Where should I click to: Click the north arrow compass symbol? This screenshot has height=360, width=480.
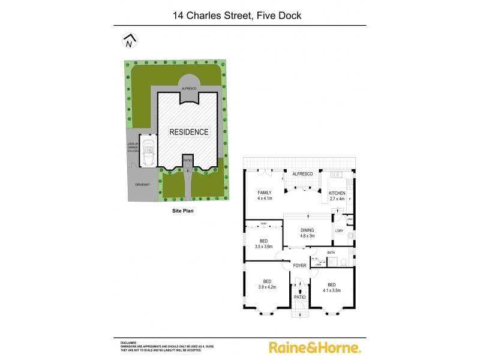tap(130, 41)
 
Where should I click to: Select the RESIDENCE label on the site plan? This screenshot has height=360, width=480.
tap(188, 132)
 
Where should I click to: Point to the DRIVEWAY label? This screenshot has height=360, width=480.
tap(142, 185)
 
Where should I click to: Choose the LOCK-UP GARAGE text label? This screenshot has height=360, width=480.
tap(133, 148)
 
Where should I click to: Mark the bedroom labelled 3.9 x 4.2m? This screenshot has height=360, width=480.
tap(267, 284)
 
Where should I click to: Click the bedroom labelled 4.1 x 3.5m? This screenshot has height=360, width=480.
tap(331, 287)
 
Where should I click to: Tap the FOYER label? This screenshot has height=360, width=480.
tap(299, 265)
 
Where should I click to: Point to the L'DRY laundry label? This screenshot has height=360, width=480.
tap(339, 231)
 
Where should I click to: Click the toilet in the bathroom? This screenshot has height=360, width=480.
tap(340, 262)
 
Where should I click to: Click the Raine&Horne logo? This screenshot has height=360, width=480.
tap(314, 347)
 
